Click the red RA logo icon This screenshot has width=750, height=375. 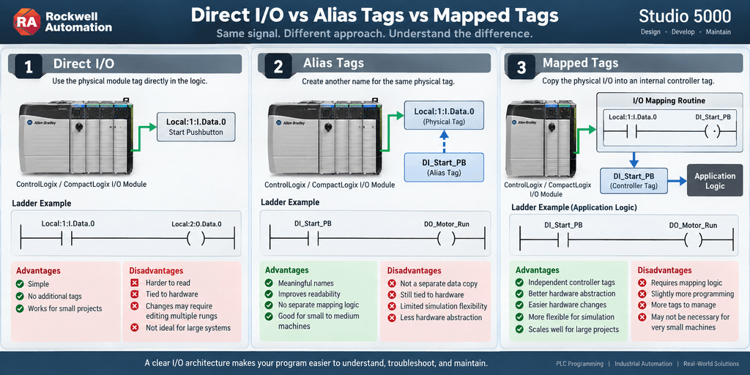click(25, 21)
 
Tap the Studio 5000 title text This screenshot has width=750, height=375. click(685, 17)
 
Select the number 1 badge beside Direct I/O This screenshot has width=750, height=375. click(29, 67)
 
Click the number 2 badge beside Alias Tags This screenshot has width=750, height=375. click(278, 67)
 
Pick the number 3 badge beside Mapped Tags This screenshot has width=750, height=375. click(522, 67)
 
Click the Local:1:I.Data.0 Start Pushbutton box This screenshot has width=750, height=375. click(196, 127)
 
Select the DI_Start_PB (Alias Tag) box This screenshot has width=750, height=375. click(444, 168)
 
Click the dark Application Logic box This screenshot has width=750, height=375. click(715, 180)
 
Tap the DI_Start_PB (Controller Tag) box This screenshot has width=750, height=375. click(634, 180)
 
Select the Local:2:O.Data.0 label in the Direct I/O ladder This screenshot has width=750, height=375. click(196, 223)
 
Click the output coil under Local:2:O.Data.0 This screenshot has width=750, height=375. click(196, 238)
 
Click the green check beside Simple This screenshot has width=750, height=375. click(20, 283)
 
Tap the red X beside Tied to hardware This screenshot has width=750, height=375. click(135, 294)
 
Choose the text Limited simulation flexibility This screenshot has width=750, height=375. click(443, 306)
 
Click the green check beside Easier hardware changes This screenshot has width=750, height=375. click(519, 305)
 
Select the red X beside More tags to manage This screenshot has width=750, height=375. click(642, 305)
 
